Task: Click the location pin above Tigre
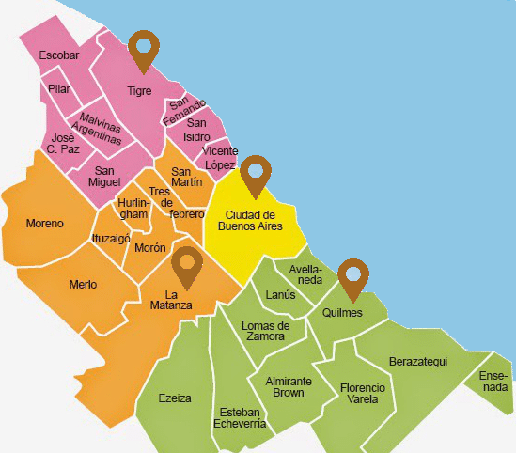click(x=144, y=50)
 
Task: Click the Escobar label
click(x=59, y=55)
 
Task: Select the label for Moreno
click(x=45, y=224)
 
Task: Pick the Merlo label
click(x=84, y=284)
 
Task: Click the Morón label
click(x=150, y=247)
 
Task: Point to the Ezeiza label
click(x=175, y=398)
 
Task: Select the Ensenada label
click(x=493, y=381)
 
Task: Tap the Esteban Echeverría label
click(x=242, y=417)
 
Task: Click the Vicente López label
click(x=220, y=158)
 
